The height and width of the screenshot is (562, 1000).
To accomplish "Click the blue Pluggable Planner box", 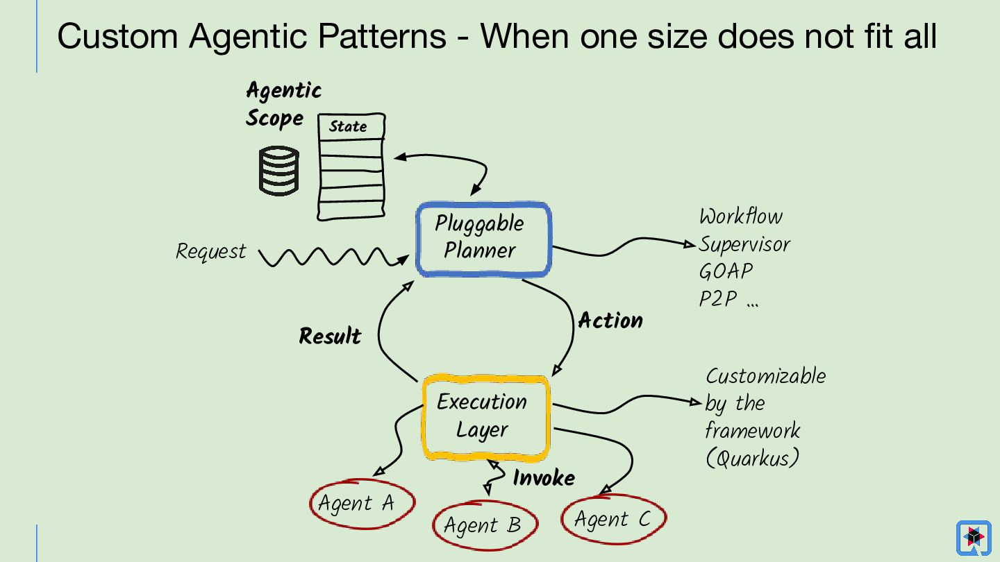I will (483, 239).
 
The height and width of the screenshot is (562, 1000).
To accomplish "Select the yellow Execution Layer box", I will (485, 417).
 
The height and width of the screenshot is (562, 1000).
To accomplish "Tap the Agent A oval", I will (362, 503).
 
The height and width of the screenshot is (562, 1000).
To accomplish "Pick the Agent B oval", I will (485, 525).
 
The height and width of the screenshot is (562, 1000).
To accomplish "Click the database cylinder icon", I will (278, 171).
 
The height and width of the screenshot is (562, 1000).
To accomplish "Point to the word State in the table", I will (348, 126).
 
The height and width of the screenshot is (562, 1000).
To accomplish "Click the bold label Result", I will (330, 337).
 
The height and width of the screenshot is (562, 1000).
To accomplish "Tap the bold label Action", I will (610, 321).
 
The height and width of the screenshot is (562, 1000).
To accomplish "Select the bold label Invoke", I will (544, 478).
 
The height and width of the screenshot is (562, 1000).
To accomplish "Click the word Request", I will (210, 251).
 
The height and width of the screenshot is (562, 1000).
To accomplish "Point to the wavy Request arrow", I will (326, 257).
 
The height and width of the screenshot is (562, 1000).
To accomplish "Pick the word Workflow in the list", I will (740, 216).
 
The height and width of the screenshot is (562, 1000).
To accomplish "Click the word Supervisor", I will (744, 244).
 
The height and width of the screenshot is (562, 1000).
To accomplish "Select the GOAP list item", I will (726, 271).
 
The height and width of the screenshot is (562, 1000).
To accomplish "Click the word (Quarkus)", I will (752, 459).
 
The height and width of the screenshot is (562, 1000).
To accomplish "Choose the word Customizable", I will (766, 376).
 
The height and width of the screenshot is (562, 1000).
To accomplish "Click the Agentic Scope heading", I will (283, 104).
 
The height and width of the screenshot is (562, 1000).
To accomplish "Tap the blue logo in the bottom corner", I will (973, 538).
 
